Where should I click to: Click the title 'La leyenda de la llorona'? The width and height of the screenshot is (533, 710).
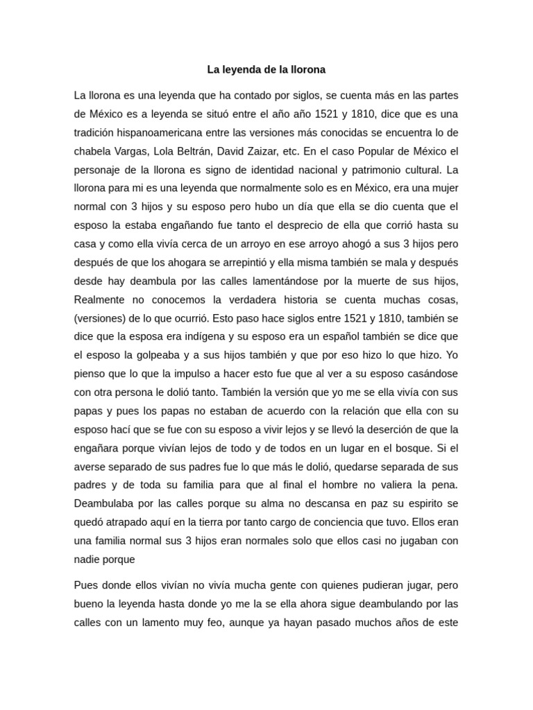click(266, 70)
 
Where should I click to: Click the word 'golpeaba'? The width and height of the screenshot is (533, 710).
click(155, 356)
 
